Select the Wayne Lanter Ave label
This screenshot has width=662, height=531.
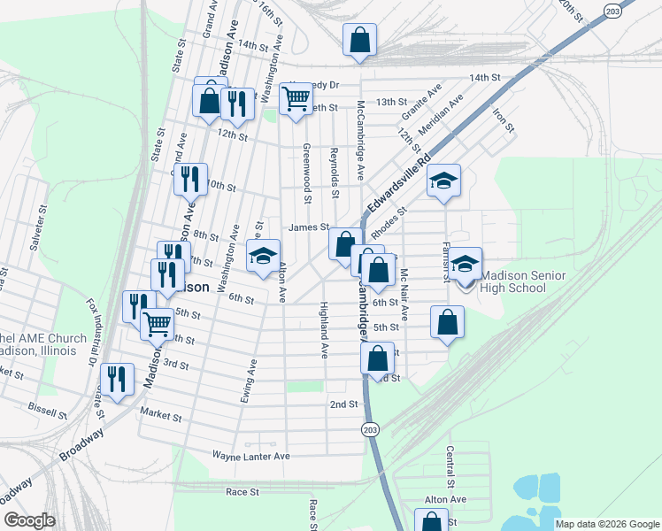pyautogui.click(x=251, y=455)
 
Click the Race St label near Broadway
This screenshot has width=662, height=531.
pyautogui.click(x=242, y=491)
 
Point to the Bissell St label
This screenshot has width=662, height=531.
pyautogui.click(x=47, y=412)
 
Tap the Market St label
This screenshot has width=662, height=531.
pyautogui.click(x=160, y=416)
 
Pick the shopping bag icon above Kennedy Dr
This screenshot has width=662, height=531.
pyautogui.click(x=360, y=39)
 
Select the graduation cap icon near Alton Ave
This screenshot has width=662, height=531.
pyautogui.click(x=263, y=257)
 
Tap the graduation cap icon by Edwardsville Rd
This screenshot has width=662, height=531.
pyautogui.click(x=444, y=181)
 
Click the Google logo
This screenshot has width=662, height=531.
pyautogui.click(x=30, y=520)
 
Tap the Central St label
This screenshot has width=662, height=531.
pyautogui.click(x=450, y=472)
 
